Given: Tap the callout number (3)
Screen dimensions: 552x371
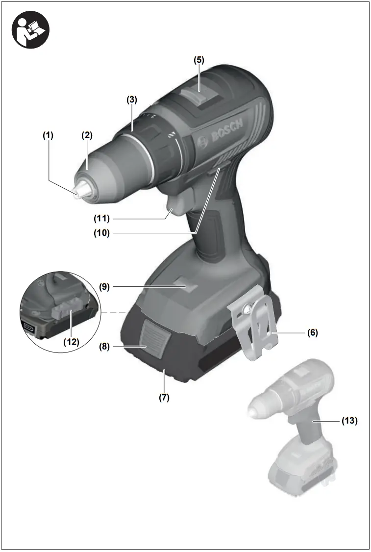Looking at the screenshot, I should tap(132, 99).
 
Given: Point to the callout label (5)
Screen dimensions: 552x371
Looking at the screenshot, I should tap(198, 60).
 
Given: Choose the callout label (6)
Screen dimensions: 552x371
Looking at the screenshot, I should tap(312, 333).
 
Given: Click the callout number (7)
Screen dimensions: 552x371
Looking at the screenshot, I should tap(164, 398).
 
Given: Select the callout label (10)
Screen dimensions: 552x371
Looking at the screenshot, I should tap(102, 233).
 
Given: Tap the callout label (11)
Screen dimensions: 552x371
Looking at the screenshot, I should tap(102, 218).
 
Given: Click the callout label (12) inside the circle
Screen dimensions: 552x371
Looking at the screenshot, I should tap(71, 342).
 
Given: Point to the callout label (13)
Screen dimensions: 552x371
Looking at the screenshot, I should tap(349, 420).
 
